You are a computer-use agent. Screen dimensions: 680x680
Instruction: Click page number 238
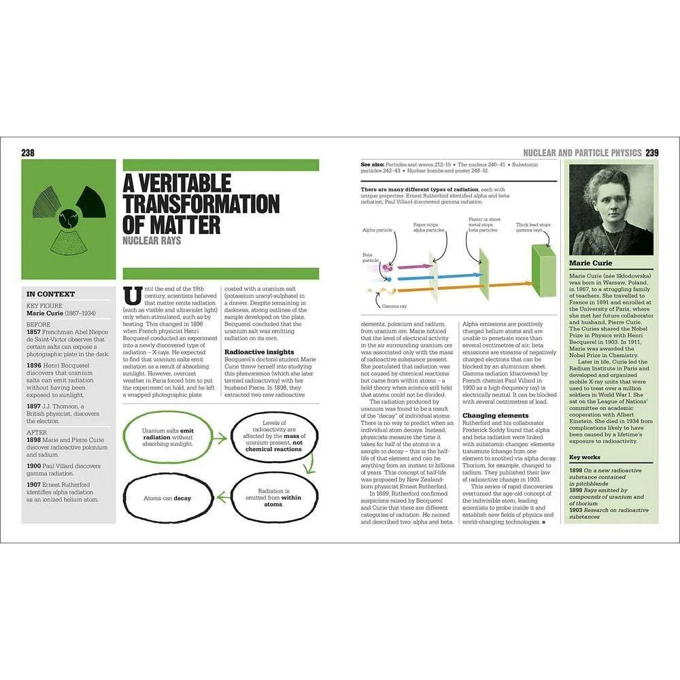tap(28, 153)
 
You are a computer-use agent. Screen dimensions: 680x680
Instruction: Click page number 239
tap(651, 153)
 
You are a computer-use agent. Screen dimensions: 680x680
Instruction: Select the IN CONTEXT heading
tap(50, 294)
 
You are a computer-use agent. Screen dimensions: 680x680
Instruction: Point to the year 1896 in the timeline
tap(35, 365)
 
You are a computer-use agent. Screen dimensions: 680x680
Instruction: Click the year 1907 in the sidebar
tap(35, 485)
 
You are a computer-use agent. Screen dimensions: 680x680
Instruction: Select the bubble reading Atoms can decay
tap(167, 498)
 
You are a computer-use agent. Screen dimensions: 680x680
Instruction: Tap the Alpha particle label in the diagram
tap(377, 231)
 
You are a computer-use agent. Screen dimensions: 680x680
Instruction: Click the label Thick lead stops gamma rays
tap(533, 228)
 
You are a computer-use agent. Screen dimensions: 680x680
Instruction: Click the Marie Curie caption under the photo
tap(590, 263)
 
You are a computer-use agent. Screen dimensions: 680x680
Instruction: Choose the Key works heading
tap(584, 458)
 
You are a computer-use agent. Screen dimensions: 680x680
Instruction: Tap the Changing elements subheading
tap(495, 415)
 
